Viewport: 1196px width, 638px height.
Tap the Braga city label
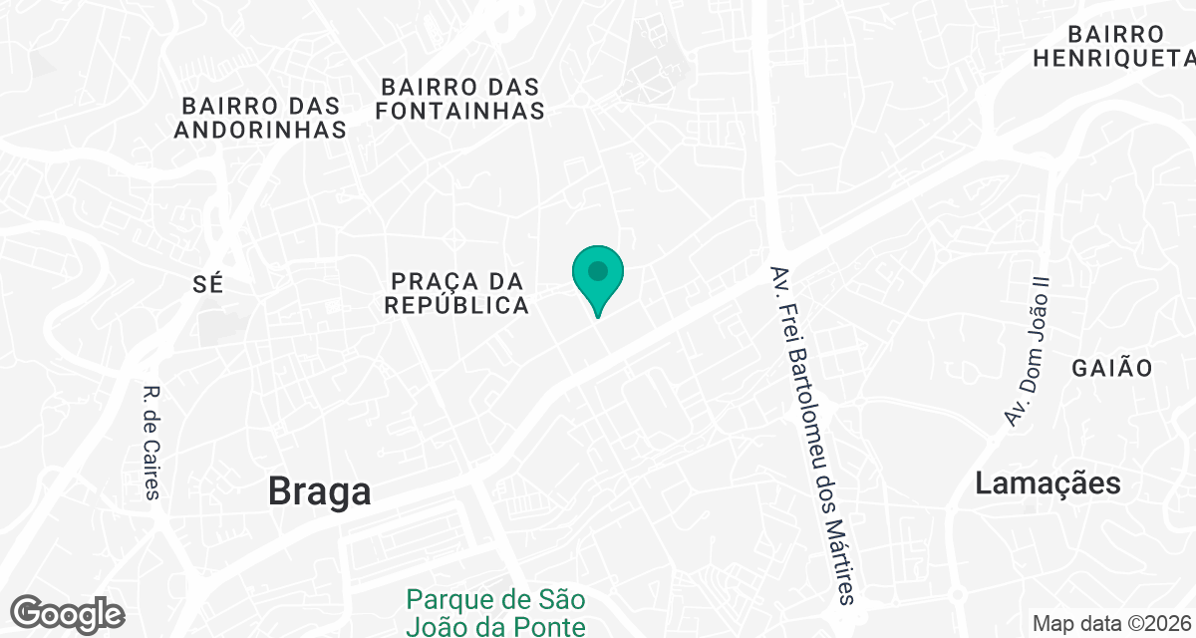coord(319,491)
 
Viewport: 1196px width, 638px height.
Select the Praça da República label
coord(457,293)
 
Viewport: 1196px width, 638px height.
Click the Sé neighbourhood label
coord(207,284)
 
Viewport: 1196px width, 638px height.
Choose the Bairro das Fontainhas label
coord(459,99)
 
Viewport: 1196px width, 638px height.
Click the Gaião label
coord(1112,368)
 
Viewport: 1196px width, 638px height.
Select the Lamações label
coord(1047,484)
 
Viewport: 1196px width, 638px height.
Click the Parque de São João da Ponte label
coord(495,612)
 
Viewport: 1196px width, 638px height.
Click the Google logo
coord(67,612)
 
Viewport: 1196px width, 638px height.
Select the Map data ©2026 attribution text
coord(1110,624)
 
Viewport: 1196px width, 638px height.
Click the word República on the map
coord(457,305)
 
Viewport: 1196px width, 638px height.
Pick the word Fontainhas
coord(459,111)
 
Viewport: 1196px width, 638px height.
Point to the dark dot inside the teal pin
coord(597,270)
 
